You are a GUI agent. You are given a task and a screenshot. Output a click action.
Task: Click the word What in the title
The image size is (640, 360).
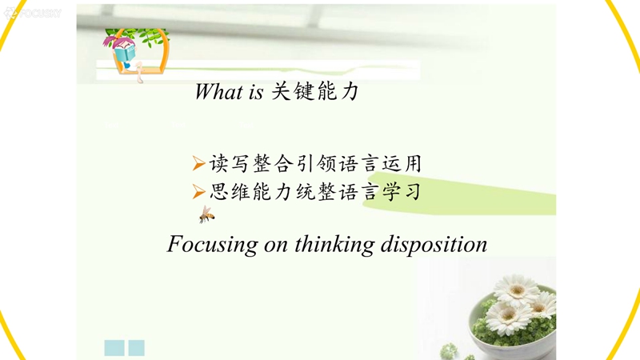(218, 91)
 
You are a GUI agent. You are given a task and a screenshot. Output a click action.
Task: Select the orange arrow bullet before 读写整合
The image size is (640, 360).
(198, 163)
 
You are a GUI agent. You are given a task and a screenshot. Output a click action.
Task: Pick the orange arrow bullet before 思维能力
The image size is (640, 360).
(198, 191)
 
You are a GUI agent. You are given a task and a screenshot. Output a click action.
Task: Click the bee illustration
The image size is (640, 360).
(206, 214)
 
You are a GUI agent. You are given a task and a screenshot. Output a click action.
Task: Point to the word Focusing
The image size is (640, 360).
(212, 245)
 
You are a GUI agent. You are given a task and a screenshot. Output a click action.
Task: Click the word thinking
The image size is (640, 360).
(334, 245)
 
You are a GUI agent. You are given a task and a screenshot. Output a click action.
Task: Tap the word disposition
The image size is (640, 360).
(434, 245)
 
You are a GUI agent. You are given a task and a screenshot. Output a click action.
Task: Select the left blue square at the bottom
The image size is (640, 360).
(114, 348)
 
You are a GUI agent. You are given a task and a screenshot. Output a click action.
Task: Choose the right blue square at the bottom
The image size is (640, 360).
(136, 348)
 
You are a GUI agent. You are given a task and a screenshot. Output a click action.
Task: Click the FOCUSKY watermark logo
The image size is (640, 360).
(33, 13)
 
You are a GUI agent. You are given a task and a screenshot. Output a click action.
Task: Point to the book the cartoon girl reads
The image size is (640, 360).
(125, 54)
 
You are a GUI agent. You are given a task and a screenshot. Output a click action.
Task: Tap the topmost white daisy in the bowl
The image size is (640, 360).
(516, 289)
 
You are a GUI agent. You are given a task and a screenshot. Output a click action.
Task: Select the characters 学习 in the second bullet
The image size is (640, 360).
(402, 191)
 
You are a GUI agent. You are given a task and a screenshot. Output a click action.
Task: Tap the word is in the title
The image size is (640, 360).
(256, 92)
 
